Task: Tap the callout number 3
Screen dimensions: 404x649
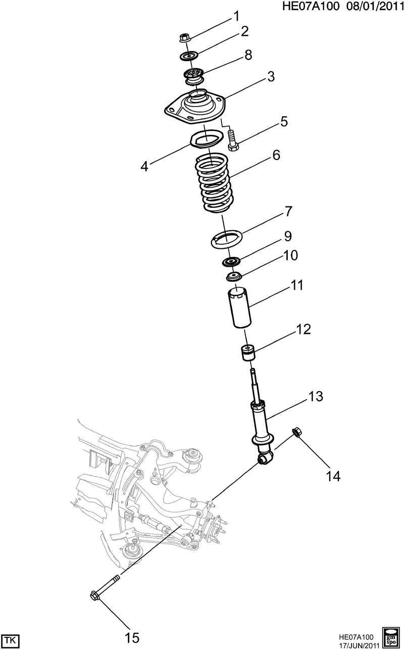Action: (x=271, y=77)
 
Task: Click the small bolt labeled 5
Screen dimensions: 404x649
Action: (x=233, y=141)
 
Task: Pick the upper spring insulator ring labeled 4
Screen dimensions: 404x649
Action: (x=207, y=140)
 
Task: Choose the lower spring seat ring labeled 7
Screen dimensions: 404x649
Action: (x=227, y=239)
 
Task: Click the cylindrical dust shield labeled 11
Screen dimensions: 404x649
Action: (x=239, y=308)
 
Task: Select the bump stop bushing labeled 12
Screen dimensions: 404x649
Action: (x=248, y=353)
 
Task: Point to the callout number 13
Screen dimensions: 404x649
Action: (x=316, y=396)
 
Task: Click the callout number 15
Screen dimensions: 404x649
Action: (x=132, y=638)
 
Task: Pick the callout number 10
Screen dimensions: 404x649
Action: (x=290, y=255)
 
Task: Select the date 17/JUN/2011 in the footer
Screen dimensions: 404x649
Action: (x=359, y=644)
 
